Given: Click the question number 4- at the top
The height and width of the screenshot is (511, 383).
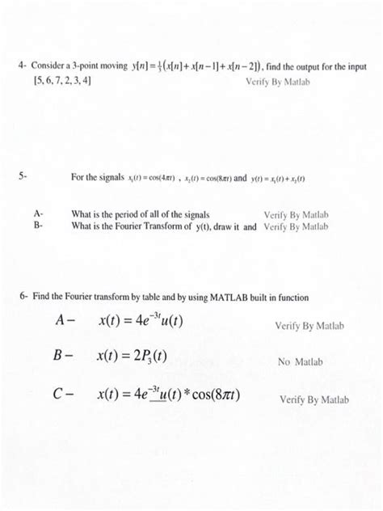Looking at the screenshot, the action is (23, 65).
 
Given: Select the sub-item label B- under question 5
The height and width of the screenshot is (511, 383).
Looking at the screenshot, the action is (38, 226).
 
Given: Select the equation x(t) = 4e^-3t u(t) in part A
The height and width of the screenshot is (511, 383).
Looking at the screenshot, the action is (141, 321).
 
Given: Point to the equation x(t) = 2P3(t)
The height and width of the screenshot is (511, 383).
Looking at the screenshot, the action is (132, 356).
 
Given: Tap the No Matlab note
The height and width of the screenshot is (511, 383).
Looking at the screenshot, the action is (300, 362).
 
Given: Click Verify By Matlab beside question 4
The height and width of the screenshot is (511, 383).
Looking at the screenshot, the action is (276, 82).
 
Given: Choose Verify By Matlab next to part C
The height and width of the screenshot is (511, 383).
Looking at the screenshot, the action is (314, 399).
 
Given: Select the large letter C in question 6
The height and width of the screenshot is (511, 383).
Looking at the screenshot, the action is (58, 395).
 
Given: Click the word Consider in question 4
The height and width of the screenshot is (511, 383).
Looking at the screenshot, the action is (51, 65).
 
